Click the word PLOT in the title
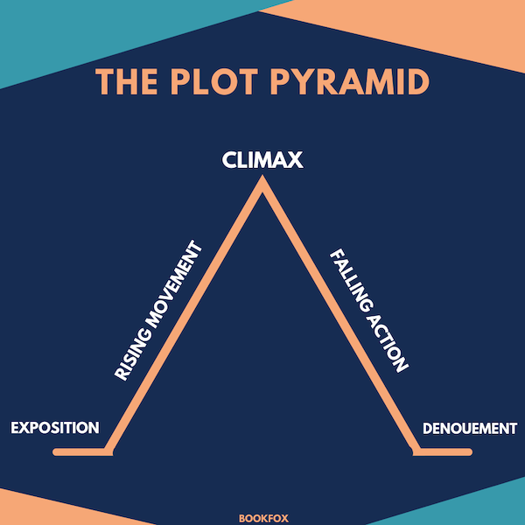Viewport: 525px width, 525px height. [204, 82]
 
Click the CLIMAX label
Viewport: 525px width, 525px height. [262, 160]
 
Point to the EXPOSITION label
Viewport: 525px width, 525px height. [54, 429]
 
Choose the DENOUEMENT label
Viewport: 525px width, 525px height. [470, 429]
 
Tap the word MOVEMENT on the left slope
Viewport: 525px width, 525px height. [176, 284]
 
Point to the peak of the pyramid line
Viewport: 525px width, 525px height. [262, 184]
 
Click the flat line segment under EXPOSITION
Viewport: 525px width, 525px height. [80, 451]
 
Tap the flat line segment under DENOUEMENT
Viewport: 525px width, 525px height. [444, 451]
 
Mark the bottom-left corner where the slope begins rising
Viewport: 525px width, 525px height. [108, 451]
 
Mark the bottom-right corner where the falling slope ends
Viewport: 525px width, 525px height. [416, 451]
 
